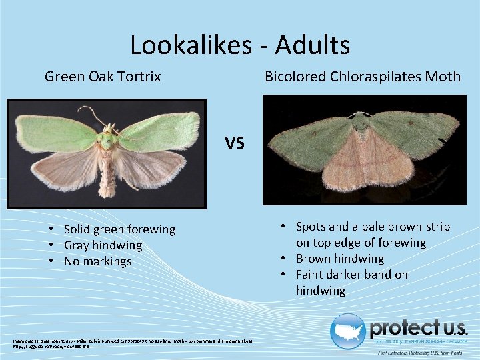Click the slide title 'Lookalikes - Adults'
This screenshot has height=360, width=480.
tap(240, 45)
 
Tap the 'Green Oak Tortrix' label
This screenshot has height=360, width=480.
tap(103, 77)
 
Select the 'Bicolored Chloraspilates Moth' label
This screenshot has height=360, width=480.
tap(363, 77)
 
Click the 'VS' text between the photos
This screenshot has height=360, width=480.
tap(235, 142)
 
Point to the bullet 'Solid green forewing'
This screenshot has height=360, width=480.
tap(119, 229)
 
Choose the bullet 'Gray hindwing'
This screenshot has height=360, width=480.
tap(103, 245)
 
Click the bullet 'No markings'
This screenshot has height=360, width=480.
tap(98, 261)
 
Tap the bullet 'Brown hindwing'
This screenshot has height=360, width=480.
tap(340, 259)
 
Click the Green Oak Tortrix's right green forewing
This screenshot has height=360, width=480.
tap(163, 130)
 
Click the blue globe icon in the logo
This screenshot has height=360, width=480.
tap(347, 331)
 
